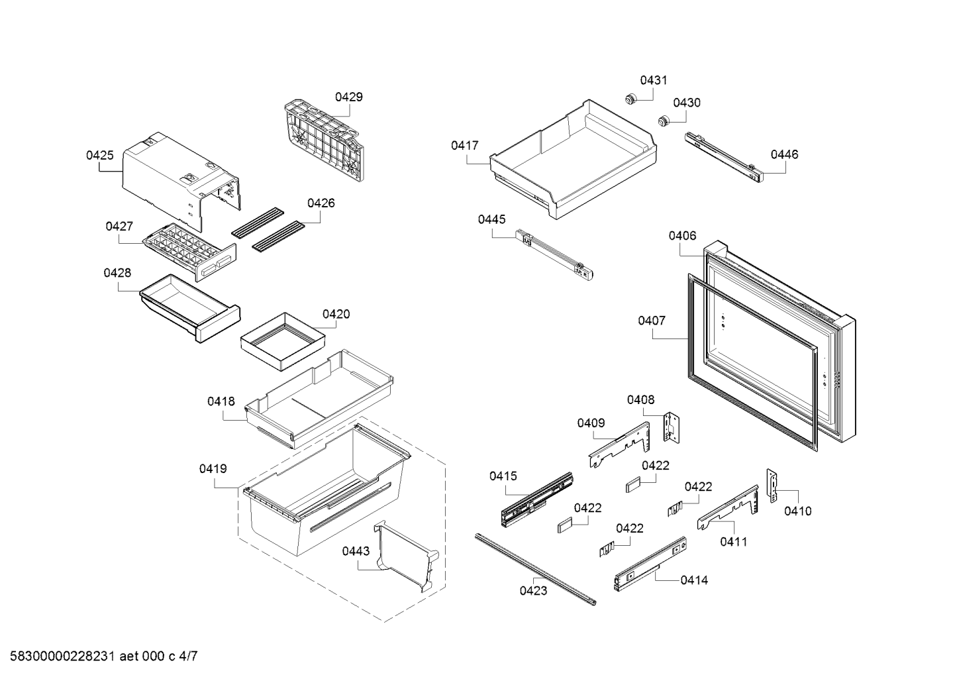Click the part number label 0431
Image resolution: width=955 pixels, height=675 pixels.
tap(654, 80)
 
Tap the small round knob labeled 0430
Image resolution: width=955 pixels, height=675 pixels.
tap(662, 121)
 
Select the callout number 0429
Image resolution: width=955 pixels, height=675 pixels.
tap(349, 97)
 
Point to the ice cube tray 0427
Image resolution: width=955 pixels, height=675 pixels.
tap(189, 252)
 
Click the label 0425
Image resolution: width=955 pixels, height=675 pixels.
tap(100, 155)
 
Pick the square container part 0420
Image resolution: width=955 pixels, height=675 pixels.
tap(283, 342)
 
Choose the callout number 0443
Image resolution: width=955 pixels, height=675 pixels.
tap(356, 551)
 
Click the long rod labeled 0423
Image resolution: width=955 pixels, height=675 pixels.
tap(536, 569)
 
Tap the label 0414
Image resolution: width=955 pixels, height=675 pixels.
tap(694, 580)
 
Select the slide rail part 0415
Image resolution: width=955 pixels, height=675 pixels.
tap(536, 499)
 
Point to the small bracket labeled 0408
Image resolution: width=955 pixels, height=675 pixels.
tap(671, 427)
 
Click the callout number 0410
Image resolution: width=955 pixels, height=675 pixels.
tap(797, 511)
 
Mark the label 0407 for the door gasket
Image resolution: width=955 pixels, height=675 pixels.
tap(652, 321)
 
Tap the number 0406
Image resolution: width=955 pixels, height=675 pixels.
tap(682, 236)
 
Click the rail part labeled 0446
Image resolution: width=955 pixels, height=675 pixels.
tap(724, 158)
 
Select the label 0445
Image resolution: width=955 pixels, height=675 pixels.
tap(491, 220)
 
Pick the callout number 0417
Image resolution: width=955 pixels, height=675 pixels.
tap(465, 146)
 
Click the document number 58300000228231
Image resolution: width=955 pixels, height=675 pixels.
tap(62, 656)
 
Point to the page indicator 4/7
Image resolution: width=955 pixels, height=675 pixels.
tap(188, 656)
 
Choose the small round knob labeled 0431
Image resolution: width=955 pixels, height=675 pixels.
tap(630, 99)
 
